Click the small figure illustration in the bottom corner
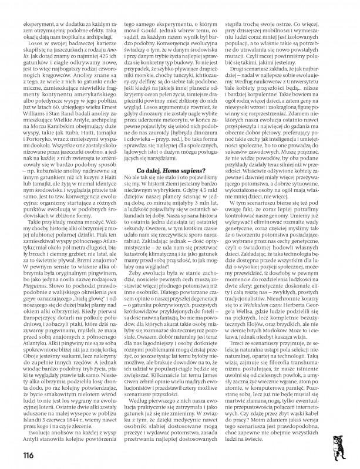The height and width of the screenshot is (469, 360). pyautogui.click(x=348, y=447)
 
